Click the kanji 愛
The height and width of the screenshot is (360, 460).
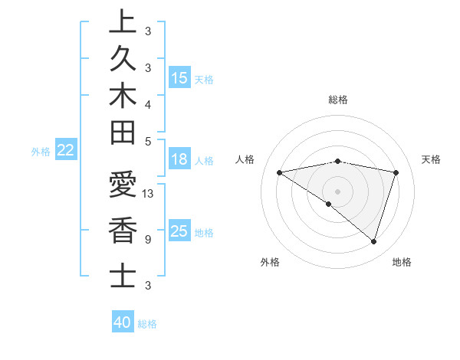[x=122, y=185]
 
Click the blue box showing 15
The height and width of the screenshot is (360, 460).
[x=179, y=78]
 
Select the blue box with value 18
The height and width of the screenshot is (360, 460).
[x=179, y=160]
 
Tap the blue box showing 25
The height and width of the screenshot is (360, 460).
[x=179, y=232]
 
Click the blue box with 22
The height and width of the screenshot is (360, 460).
[x=66, y=151]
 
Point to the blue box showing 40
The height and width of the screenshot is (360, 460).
[x=123, y=323]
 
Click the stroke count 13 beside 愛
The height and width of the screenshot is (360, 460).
[x=149, y=194]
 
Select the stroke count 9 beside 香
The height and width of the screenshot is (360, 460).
[x=147, y=239]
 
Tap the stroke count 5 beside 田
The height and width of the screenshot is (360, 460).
[x=147, y=141]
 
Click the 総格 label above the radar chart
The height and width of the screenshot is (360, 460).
[x=338, y=100]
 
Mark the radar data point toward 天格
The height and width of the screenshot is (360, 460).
[x=396, y=172]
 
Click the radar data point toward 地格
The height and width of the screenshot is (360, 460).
[x=374, y=241]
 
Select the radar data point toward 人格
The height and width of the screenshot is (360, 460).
[x=280, y=172]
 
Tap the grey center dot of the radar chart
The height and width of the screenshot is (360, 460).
[x=338, y=191]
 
